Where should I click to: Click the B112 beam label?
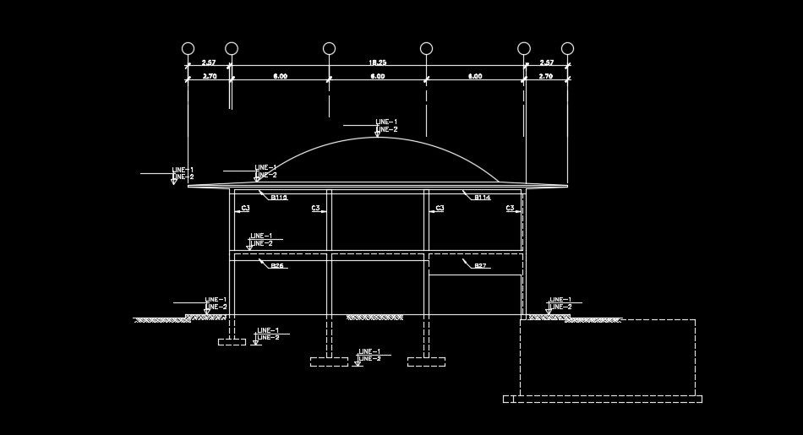click(279, 198)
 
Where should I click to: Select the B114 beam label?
click(482, 198)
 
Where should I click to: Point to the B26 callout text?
click(278, 266)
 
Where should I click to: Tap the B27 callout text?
click(480, 266)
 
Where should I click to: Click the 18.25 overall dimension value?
click(377, 63)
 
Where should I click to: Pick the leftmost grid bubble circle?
click(188, 48)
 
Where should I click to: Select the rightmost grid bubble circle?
click(567, 48)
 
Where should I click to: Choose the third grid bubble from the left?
click(329, 48)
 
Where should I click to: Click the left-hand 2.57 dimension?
click(209, 63)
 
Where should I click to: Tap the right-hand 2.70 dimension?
click(545, 76)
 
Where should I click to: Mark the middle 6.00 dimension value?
click(377, 76)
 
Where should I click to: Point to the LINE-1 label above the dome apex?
click(386, 122)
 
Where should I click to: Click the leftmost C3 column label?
click(246, 208)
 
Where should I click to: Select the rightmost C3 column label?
click(511, 208)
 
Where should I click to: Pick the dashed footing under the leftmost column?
click(232, 342)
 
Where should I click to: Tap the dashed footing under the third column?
click(426, 362)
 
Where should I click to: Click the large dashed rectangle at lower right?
click(607, 356)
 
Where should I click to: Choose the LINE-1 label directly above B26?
click(261, 236)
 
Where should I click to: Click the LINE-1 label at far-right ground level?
click(560, 300)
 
